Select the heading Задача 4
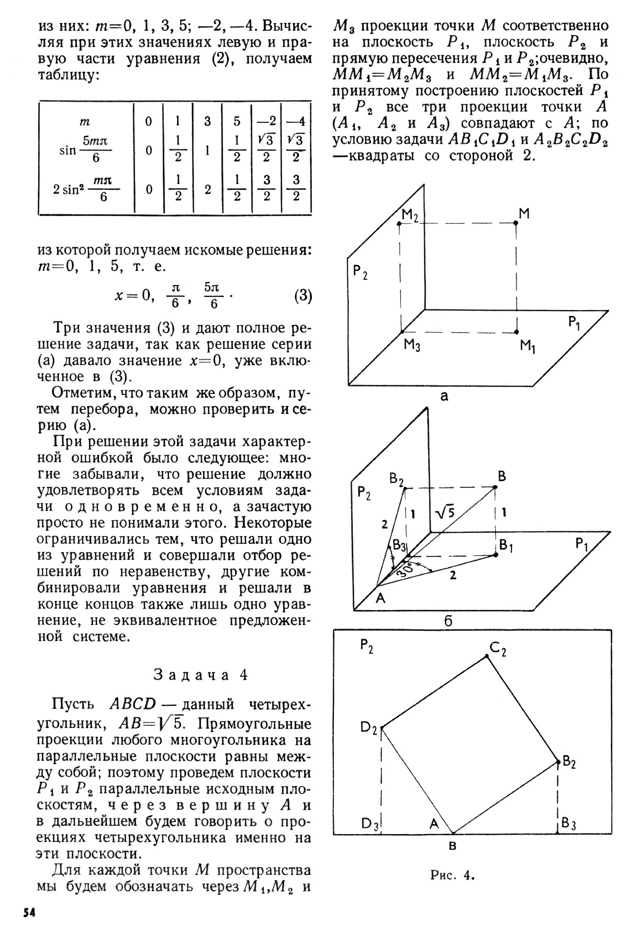click(x=201, y=675)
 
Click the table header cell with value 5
click(x=237, y=121)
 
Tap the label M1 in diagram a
click(x=528, y=346)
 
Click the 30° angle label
click(x=409, y=570)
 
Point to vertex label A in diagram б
click(x=380, y=598)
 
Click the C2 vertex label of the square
click(x=498, y=650)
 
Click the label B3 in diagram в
click(x=568, y=824)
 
